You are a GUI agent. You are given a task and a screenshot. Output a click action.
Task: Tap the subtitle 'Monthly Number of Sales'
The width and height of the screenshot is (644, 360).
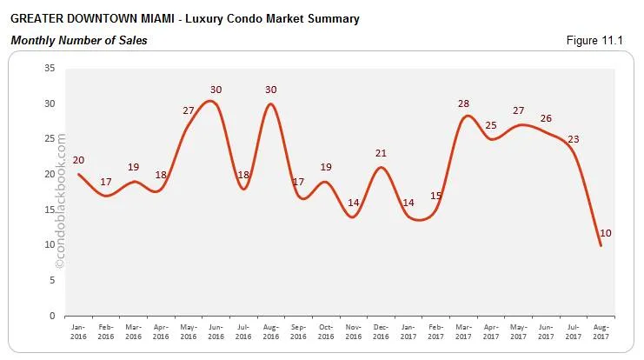click(x=77, y=40)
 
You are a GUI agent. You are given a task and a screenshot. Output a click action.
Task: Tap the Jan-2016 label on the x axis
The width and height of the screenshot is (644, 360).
click(x=78, y=333)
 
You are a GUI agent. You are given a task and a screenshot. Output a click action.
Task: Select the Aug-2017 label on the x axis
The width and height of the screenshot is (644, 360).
click(x=600, y=333)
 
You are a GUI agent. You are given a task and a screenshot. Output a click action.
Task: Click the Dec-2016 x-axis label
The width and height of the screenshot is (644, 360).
click(x=380, y=333)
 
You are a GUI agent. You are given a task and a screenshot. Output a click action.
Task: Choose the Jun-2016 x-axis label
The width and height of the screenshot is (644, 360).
click(x=216, y=333)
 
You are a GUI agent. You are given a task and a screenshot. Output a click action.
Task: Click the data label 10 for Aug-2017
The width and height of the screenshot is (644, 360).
click(x=607, y=232)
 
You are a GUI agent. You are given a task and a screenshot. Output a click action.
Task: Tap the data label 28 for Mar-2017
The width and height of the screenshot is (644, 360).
click(x=463, y=104)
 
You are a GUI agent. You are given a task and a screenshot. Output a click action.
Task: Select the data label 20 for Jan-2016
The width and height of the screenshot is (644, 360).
click(x=79, y=160)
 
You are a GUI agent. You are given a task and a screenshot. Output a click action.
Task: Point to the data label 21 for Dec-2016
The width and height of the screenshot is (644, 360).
click(x=380, y=154)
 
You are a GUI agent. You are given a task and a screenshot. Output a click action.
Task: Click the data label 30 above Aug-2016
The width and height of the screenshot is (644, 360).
click(x=270, y=90)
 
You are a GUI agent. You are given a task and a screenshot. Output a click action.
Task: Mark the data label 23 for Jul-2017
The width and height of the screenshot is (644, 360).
click(x=574, y=139)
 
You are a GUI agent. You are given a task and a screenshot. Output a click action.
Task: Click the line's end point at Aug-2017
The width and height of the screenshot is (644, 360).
click(x=600, y=245)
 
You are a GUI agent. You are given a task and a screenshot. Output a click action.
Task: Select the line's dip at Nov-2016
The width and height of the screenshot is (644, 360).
click(x=352, y=217)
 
